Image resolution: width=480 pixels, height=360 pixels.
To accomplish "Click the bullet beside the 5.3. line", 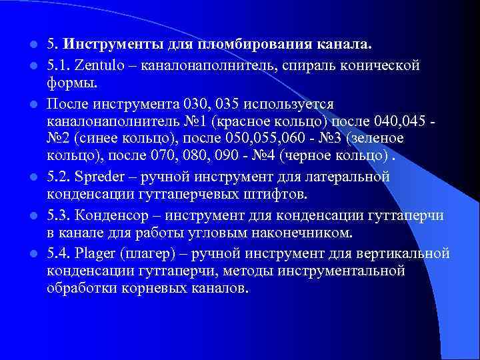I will [32, 215].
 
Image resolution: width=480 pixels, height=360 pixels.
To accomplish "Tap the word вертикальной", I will [407, 254].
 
